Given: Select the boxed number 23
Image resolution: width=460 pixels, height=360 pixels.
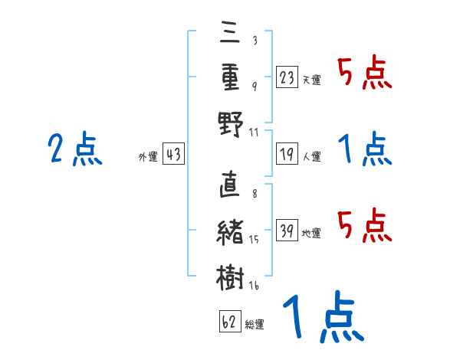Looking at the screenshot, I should [287, 77].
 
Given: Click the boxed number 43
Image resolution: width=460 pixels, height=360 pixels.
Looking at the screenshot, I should [173, 155].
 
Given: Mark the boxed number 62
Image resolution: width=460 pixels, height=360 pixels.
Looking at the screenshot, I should [229, 322].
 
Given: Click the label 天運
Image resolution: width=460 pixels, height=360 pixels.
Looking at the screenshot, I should [312, 80].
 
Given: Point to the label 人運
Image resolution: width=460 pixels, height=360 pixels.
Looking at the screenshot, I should [312, 156].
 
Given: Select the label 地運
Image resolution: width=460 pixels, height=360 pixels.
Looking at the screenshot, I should [312, 233].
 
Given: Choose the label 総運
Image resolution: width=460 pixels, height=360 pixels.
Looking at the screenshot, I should [255, 325].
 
